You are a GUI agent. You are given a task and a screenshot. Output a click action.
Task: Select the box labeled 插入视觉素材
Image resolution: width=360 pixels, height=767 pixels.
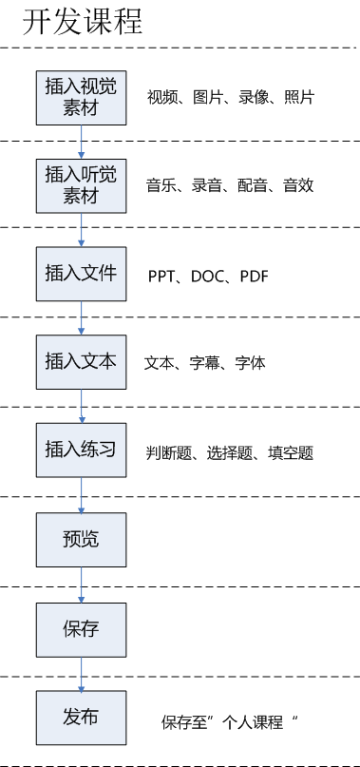click(x=81, y=96)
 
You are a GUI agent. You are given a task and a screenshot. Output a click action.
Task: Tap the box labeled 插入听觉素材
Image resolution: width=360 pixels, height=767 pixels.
click(x=81, y=184)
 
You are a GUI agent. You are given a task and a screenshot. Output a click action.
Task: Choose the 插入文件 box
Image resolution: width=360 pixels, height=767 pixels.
click(x=81, y=273)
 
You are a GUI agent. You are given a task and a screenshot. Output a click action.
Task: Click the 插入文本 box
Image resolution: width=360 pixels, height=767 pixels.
click(x=81, y=362)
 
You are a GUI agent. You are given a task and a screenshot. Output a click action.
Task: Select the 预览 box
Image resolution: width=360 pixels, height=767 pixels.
click(x=81, y=540)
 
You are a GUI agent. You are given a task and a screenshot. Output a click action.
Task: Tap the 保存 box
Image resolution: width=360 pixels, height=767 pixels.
click(x=81, y=629)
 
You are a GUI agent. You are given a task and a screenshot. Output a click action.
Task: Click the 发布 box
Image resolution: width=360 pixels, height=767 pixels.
click(x=81, y=718)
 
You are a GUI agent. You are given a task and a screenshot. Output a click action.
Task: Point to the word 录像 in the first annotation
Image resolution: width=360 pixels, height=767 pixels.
click(x=252, y=97)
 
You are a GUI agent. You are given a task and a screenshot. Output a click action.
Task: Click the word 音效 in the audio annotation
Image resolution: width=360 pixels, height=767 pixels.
click(x=298, y=185)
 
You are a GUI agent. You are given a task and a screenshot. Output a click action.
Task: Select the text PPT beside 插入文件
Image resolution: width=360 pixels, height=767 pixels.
click(x=161, y=277)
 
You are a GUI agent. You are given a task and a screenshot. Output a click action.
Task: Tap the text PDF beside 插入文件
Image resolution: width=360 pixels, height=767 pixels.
click(x=254, y=277)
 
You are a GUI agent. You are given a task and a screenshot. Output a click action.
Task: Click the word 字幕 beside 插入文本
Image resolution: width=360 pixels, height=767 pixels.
click(x=205, y=363)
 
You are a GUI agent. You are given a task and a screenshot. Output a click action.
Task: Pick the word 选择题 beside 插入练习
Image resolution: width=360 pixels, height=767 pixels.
click(x=229, y=453)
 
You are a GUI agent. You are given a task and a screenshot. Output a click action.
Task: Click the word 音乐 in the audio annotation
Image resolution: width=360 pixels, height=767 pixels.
click(x=160, y=185)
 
